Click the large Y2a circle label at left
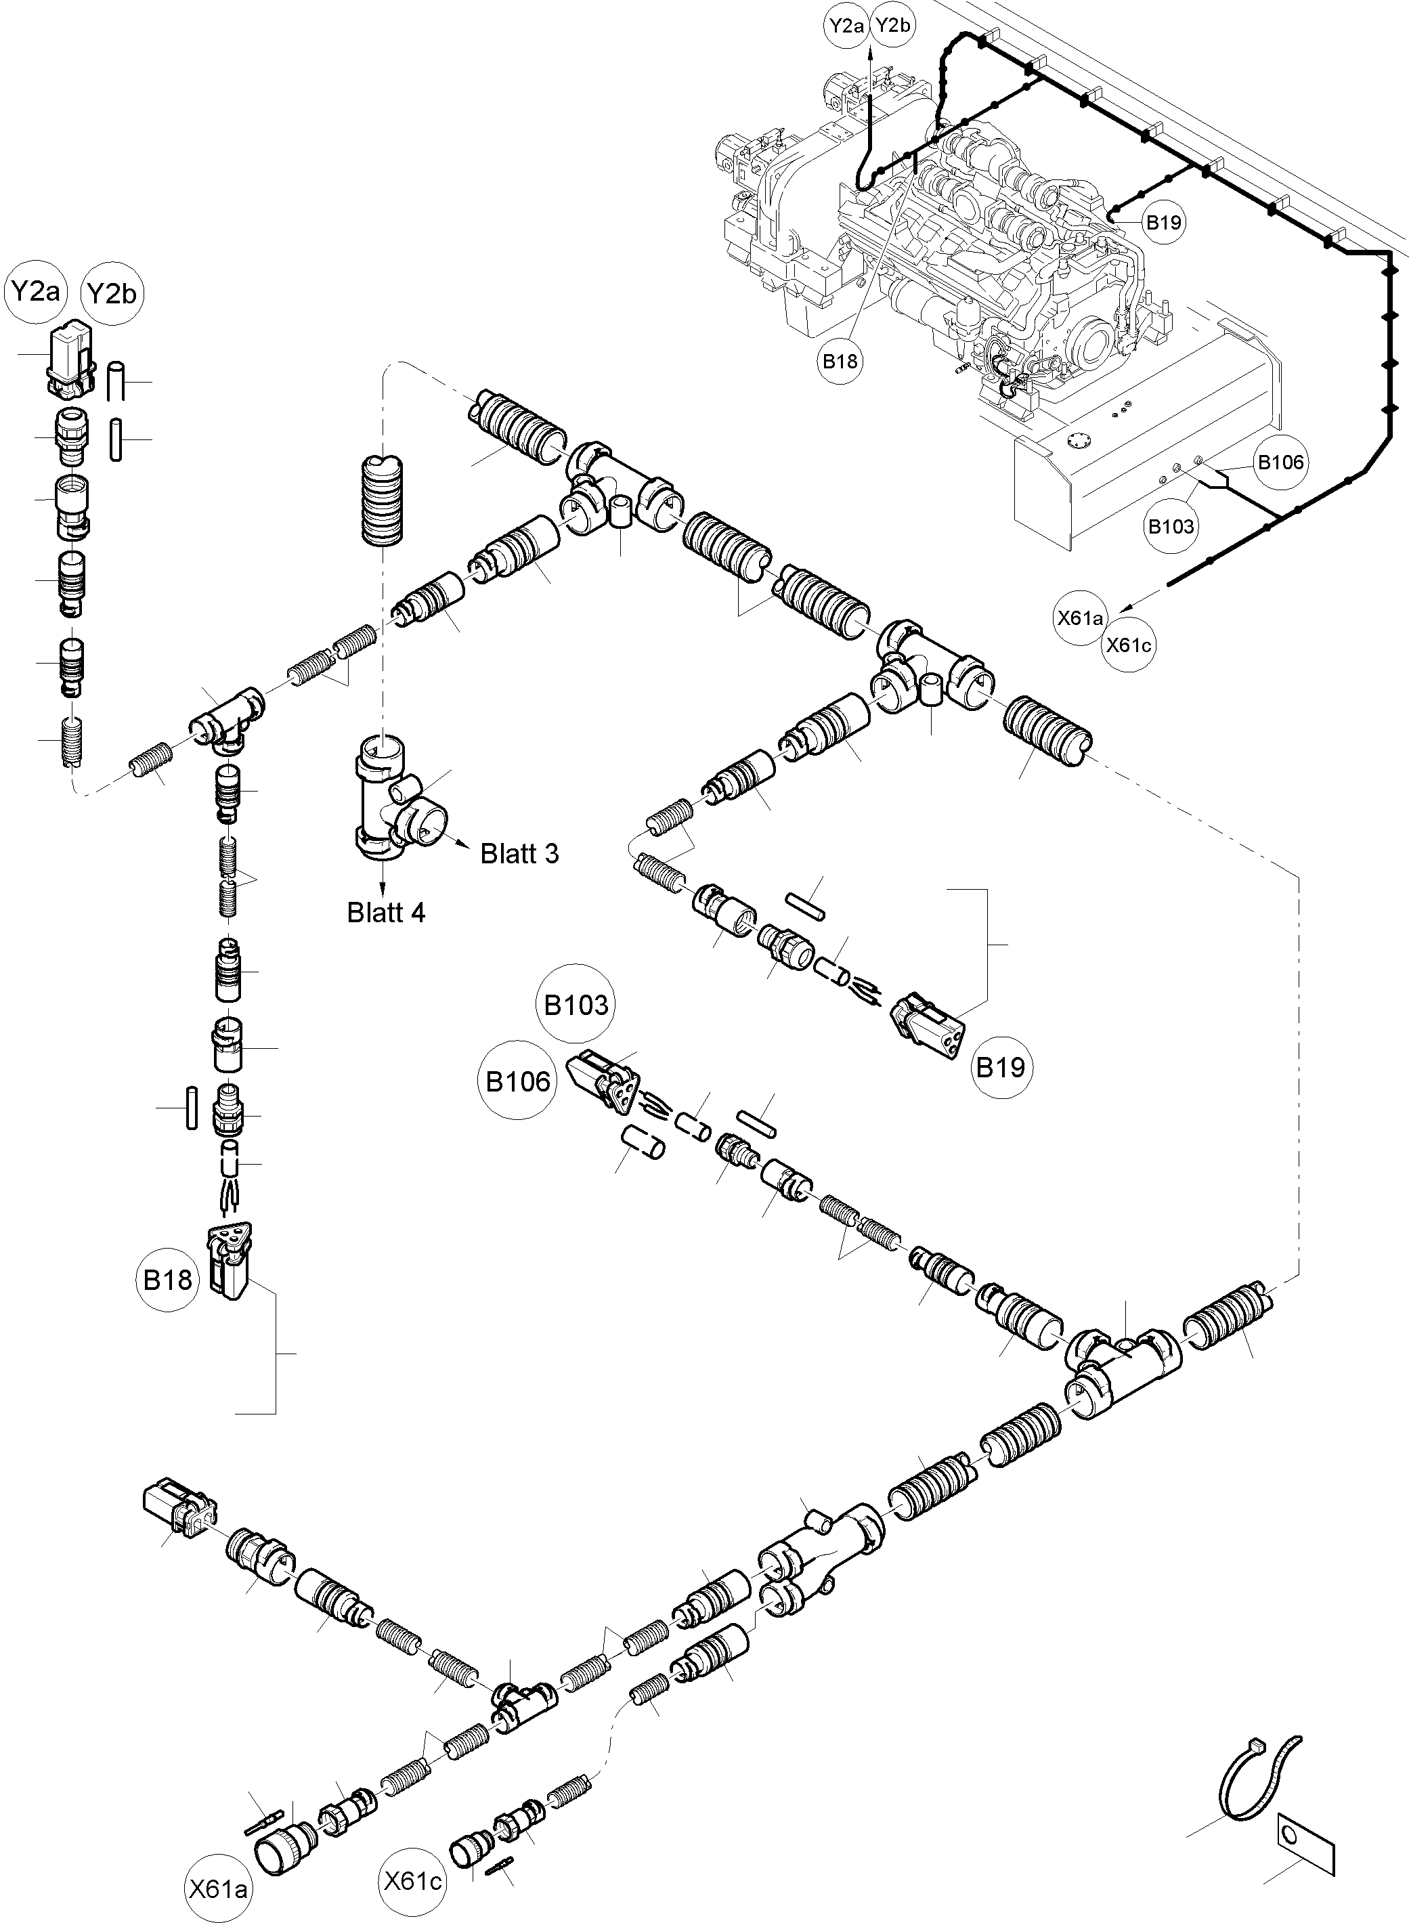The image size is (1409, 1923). pos(35,293)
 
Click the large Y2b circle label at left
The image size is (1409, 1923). pos(112,295)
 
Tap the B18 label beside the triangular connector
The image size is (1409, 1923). pos(167,1280)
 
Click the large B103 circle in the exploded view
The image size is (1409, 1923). pos(577,1005)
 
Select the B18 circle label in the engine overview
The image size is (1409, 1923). pos(840,361)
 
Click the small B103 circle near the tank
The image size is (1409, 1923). pos(1171,527)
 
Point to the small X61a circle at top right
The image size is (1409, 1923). pos(1081,618)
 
